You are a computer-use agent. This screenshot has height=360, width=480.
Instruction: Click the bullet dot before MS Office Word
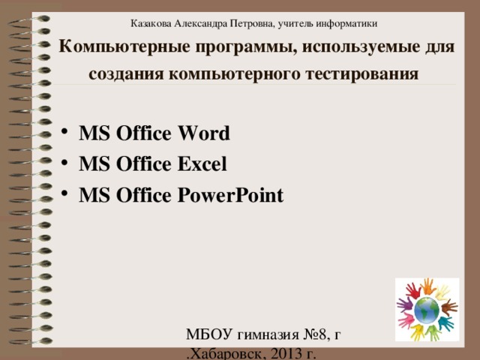[x=66, y=133]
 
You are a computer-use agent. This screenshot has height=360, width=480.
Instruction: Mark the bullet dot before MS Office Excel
[x=66, y=162]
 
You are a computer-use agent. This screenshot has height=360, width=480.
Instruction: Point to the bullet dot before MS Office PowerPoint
[x=66, y=194]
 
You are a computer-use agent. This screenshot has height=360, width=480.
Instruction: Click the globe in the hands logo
[x=427, y=308]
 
